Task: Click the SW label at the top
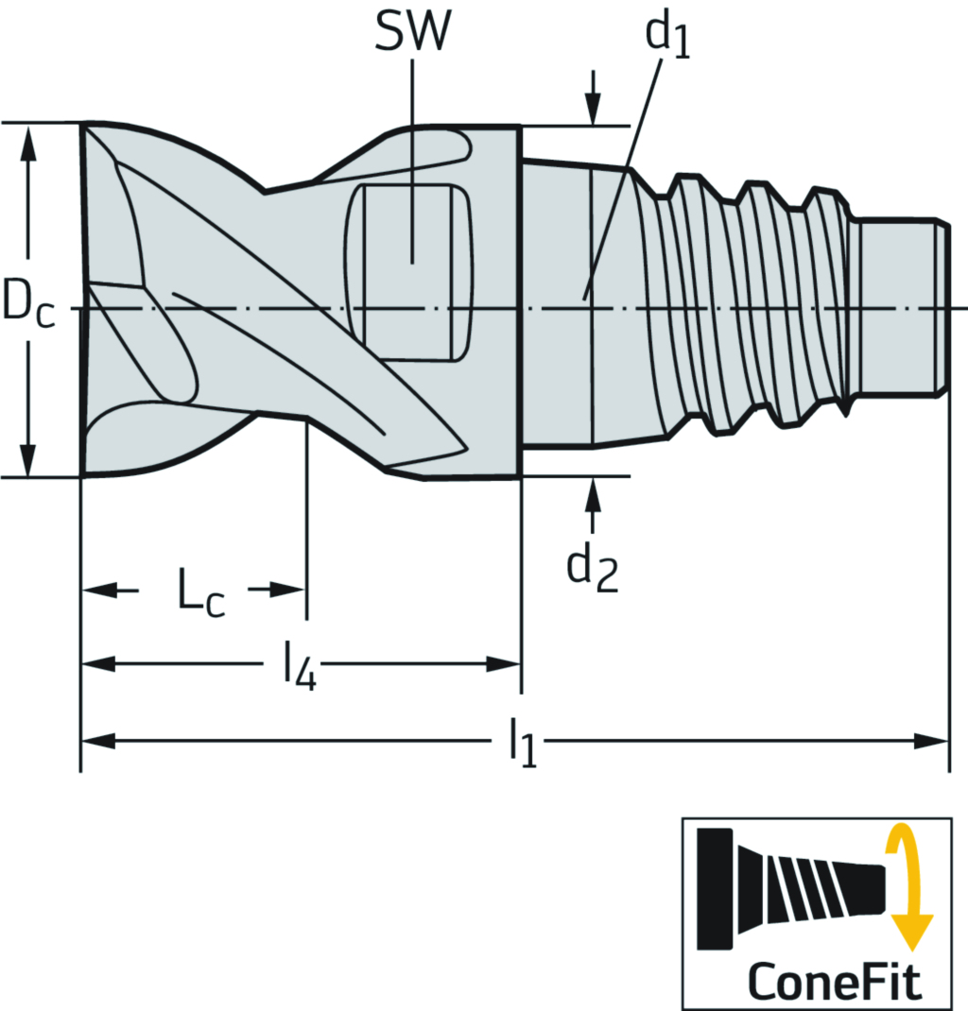(x=413, y=32)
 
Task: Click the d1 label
(x=667, y=37)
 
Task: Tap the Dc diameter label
(x=27, y=301)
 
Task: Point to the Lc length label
(x=201, y=594)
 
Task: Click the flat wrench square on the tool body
(x=412, y=272)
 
